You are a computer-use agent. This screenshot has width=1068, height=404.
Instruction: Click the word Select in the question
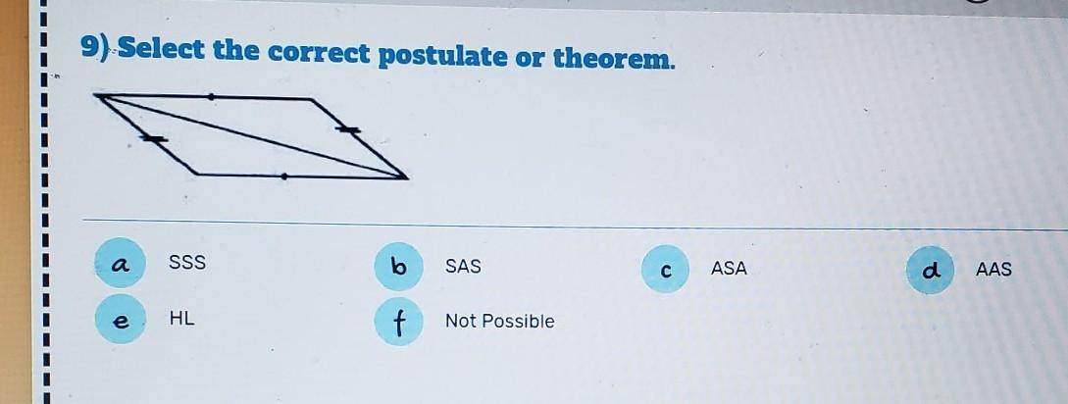pyautogui.click(x=162, y=50)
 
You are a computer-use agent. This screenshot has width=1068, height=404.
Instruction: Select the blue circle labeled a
pyautogui.click(x=120, y=263)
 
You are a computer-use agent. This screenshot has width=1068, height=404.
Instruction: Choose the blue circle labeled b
pyautogui.click(x=399, y=267)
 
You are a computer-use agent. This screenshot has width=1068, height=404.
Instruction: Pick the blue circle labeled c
pyautogui.click(x=666, y=269)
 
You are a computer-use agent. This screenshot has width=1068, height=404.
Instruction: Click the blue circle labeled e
pyautogui.click(x=120, y=319)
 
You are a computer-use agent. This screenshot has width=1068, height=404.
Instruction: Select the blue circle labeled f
pyautogui.click(x=399, y=322)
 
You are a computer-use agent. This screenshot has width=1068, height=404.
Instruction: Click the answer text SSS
pyautogui.click(x=187, y=262)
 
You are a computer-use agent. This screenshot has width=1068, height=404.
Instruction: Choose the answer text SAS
pyautogui.click(x=463, y=267)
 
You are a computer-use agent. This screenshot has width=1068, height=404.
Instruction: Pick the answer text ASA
pyautogui.click(x=729, y=269)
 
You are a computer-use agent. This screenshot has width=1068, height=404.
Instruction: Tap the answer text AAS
pyautogui.click(x=993, y=270)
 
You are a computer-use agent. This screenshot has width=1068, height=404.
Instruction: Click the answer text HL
pyautogui.click(x=181, y=318)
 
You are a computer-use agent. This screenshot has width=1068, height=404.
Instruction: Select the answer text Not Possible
pyautogui.click(x=500, y=321)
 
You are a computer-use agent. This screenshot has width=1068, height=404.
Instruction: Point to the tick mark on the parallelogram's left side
pyautogui.click(x=154, y=139)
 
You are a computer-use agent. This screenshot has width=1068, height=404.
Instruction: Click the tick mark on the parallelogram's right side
pyautogui.click(x=347, y=128)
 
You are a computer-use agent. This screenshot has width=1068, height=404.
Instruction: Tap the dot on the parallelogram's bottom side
pyautogui.click(x=284, y=177)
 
